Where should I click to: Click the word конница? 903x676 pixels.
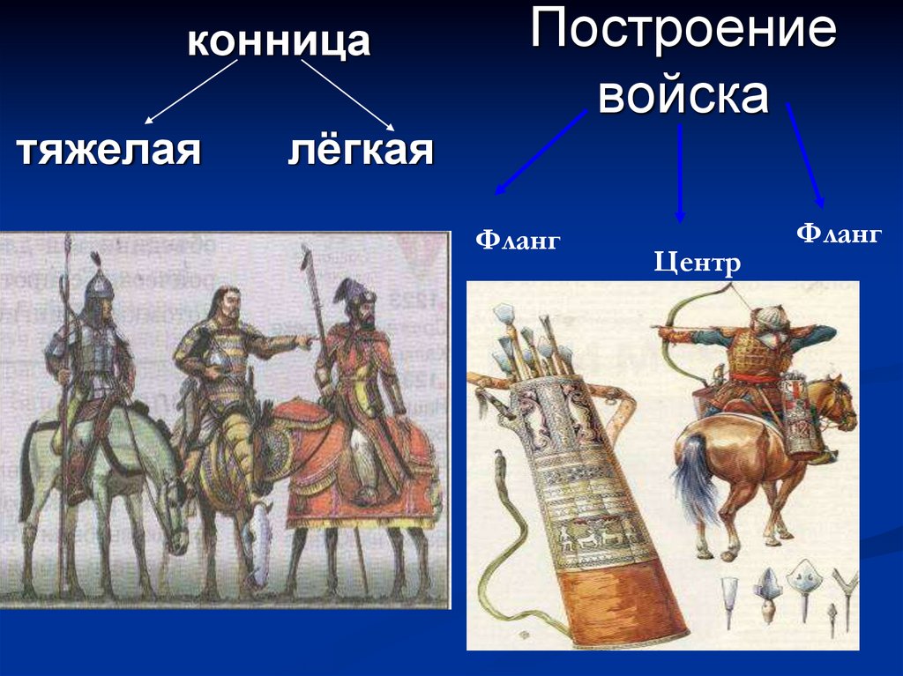278,42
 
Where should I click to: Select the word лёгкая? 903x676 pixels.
361,151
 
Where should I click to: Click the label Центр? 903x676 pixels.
697,262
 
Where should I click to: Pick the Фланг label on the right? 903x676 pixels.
839,234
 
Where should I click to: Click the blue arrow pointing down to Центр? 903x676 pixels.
680,172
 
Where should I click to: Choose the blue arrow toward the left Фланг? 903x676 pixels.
541,152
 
